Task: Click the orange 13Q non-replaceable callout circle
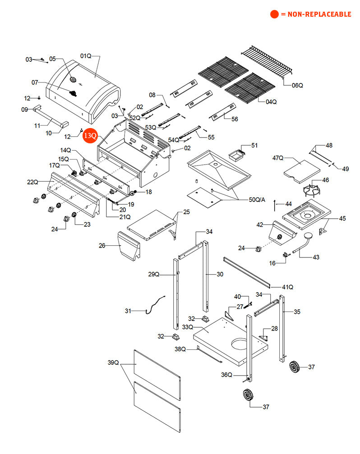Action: coord(90,135)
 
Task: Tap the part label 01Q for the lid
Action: coord(86,56)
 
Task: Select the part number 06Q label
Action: coord(297,85)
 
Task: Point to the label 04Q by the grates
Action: coord(271,102)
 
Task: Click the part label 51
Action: coord(254,145)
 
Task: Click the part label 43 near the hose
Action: coord(316,257)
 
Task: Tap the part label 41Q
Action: coord(287,287)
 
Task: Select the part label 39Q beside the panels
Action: coord(113,362)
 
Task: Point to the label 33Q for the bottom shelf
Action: coord(188,327)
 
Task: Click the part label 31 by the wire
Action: coord(128,311)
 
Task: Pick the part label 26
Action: coord(102,246)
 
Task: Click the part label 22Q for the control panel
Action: coord(32,182)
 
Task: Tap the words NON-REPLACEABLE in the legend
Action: coord(319,14)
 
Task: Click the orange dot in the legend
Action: coord(274,14)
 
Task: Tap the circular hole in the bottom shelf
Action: coord(240,345)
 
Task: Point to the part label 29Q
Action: coord(154,274)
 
